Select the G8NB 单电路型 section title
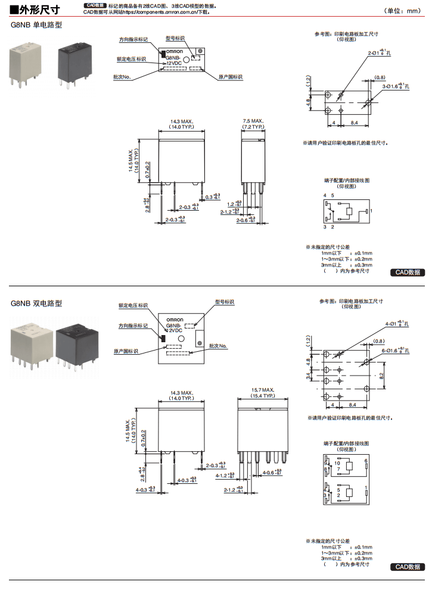pos(36,25)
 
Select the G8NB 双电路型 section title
pos(36,303)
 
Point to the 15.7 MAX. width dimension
pos(262,393)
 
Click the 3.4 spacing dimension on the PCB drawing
pos(308,376)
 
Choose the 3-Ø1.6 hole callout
pos(396,87)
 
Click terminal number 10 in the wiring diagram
pos(337,462)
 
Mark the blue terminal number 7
pos(337,469)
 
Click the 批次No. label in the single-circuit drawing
pos(122,77)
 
